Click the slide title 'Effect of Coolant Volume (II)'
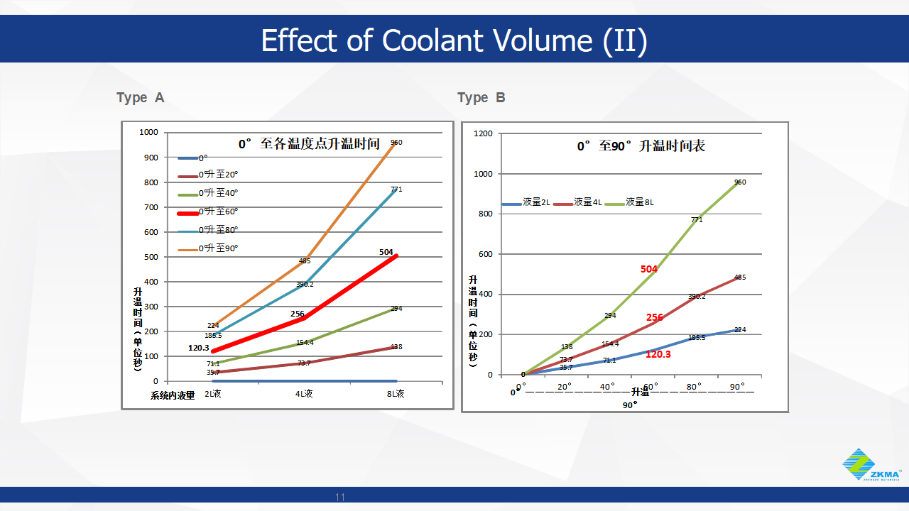click(454, 40)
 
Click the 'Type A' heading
click(140, 98)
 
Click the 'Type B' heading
click(481, 98)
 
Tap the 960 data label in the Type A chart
click(396, 143)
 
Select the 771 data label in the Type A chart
click(396, 189)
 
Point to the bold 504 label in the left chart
click(386, 252)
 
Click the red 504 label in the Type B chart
click(648, 269)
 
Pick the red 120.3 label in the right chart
click(658, 353)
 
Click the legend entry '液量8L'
click(639, 202)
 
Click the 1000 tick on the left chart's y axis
click(149, 132)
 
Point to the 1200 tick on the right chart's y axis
click(484, 133)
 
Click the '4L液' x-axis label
click(304, 394)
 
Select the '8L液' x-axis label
click(396, 394)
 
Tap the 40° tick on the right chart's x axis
click(608, 387)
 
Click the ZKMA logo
click(871, 465)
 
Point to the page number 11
click(340, 496)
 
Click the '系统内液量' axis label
click(172, 396)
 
